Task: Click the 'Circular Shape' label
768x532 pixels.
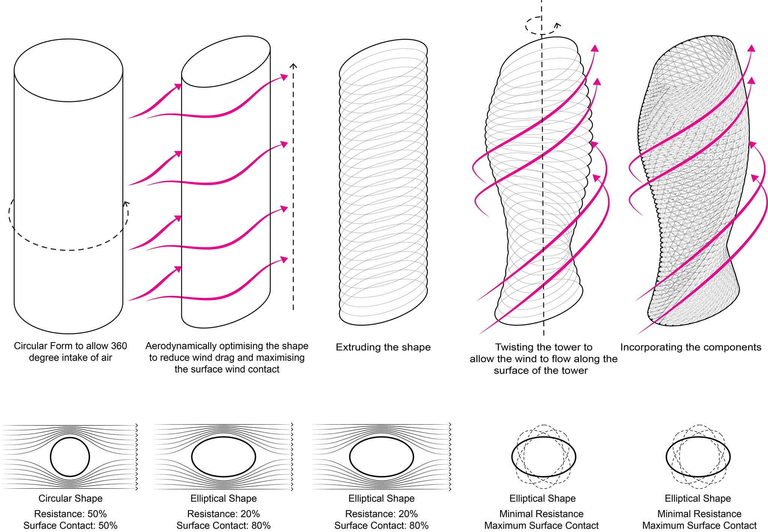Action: click(x=70, y=498)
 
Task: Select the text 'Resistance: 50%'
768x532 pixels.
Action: click(x=70, y=513)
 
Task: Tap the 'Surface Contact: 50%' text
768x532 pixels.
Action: click(x=70, y=526)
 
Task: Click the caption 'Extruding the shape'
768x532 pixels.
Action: click(x=383, y=347)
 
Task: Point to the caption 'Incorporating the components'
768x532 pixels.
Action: click(x=691, y=347)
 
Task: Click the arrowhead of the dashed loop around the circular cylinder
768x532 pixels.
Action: click(x=126, y=204)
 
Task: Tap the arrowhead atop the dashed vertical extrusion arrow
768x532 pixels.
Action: click(x=294, y=66)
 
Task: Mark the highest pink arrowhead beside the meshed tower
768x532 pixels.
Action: click(x=751, y=48)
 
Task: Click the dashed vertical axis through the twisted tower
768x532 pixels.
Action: click(x=543, y=188)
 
